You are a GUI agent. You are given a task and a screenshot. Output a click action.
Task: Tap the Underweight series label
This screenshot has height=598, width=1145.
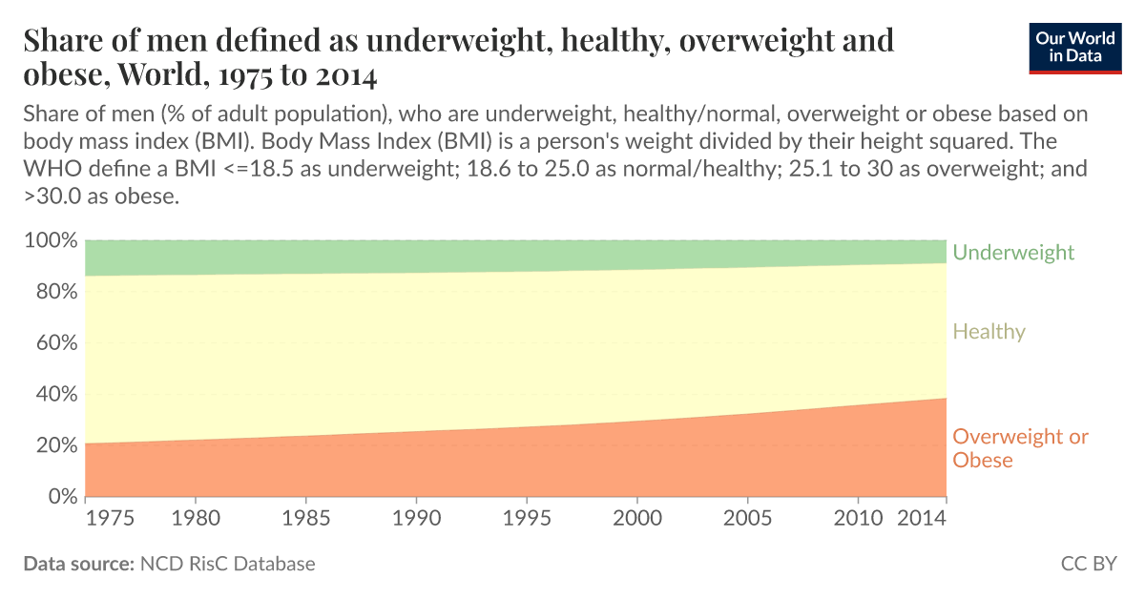coord(1013,253)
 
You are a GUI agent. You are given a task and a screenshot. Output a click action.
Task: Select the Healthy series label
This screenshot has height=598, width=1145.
coord(989,332)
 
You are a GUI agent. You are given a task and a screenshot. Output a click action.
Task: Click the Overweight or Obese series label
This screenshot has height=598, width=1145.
coord(1020,448)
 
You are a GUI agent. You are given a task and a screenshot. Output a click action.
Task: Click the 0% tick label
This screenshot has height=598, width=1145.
coord(59,497)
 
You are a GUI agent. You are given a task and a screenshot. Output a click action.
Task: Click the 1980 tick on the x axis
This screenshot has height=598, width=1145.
coord(196,520)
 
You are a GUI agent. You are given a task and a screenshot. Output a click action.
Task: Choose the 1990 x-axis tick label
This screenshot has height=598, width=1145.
coord(416,520)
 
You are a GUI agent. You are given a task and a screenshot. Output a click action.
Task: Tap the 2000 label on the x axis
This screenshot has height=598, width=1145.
coord(636,520)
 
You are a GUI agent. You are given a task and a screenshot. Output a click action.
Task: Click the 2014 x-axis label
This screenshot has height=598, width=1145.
coord(922,520)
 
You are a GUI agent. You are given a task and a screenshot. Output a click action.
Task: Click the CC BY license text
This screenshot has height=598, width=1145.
coord(1088,564)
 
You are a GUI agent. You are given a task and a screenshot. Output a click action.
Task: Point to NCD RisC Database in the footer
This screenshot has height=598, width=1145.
coord(227,564)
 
